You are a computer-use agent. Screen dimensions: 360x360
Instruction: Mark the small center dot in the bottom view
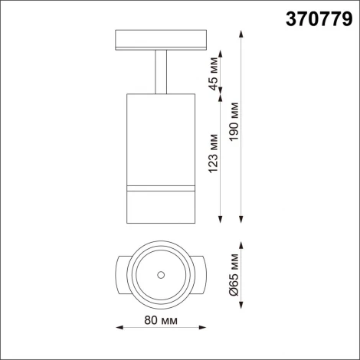pyautogui.click(x=160, y=274)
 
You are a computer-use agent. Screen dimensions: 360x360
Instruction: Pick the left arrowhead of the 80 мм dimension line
pyautogui.click(x=117, y=328)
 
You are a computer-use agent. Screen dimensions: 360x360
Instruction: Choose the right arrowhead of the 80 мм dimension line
pyautogui.click(x=205, y=328)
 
